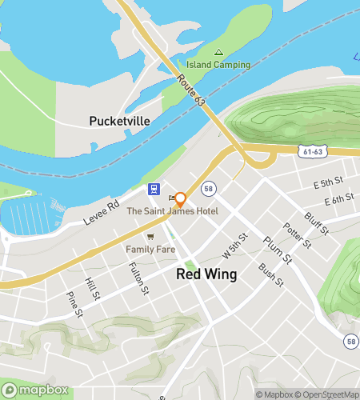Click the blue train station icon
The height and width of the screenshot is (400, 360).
(x=152, y=190)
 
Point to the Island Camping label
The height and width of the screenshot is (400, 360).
(x=218, y=65)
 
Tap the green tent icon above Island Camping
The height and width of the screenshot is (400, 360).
(x=218, y=52)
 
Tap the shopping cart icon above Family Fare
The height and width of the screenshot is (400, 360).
(x=150, y=237)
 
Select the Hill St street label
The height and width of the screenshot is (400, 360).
(x=93, y=290)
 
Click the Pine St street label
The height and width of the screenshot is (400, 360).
(x=74, y=303)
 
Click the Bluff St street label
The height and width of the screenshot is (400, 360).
(x=317, y=223)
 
